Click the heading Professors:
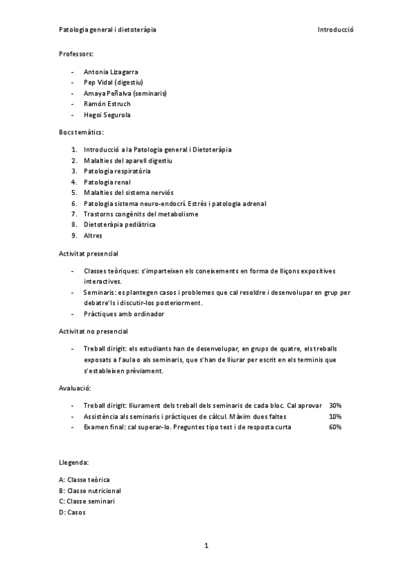[76, 53]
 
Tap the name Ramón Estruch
[107, 104]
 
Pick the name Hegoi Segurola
[107, 115]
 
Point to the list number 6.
[74, 204]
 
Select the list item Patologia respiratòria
[118, 171]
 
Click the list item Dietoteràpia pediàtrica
[120, 225]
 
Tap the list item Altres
[93, 236]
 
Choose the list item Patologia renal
[107, 182]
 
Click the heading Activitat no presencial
[94, 331]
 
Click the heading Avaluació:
[76, 388]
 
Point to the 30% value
[336, 406]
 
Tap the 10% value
[336, 417]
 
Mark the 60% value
[336, 427]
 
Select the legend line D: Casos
[73, 512]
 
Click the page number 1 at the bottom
[206, 546]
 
